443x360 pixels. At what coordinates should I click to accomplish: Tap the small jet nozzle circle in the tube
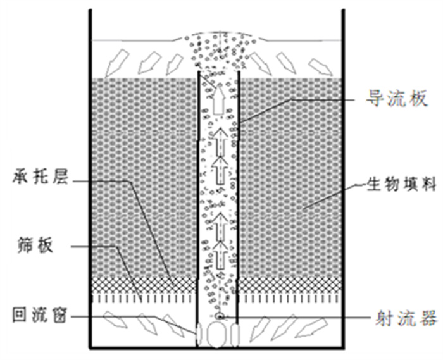tap(219, 314)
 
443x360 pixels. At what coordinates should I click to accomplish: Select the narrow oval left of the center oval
tap(199, 334)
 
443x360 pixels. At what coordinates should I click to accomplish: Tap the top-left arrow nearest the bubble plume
tap(175, 59)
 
